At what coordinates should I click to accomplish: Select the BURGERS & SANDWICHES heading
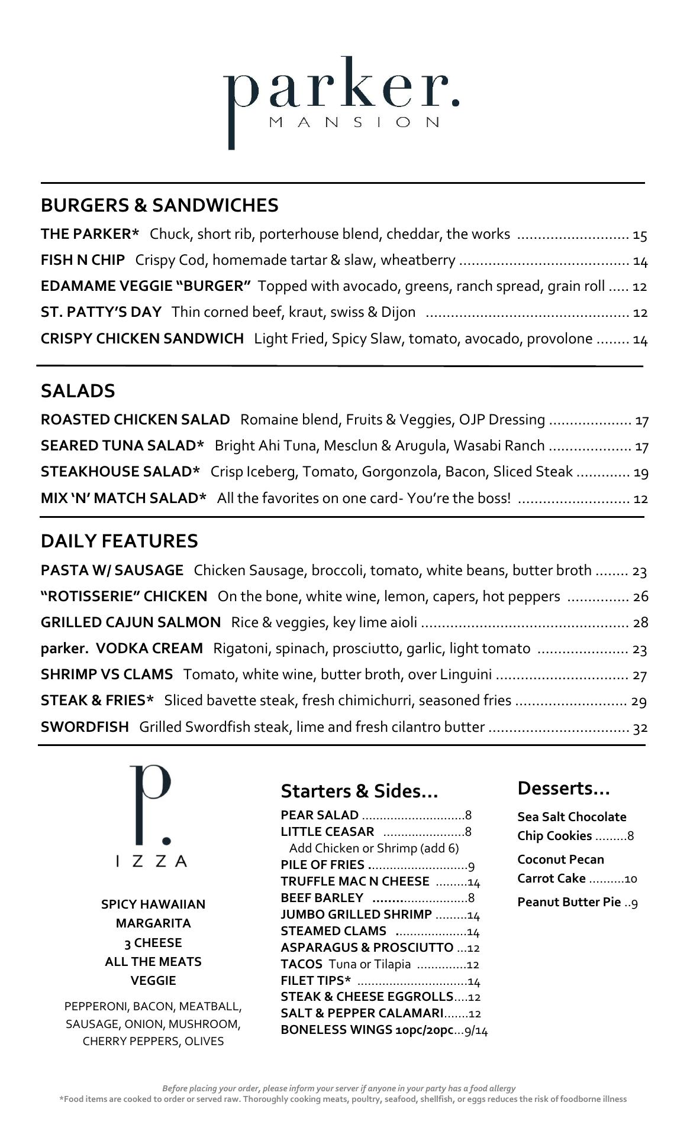click(159, 205)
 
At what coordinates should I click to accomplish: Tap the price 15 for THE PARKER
click(640, 235)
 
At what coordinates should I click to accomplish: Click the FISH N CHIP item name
click(83, 260)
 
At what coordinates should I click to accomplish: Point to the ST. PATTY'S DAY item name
click(101, 312)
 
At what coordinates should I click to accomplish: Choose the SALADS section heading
click(78, 391)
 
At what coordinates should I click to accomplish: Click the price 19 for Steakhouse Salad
click(641, 472)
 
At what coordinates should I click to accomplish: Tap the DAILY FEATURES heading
click(119, 541)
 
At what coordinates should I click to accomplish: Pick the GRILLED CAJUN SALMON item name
click(130, 622)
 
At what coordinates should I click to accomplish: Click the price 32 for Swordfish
click(640, 728)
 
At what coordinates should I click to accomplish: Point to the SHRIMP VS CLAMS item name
click(107, 674)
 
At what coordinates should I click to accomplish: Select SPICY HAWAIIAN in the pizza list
click(153, 904)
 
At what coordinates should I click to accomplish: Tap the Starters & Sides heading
click(359, 791)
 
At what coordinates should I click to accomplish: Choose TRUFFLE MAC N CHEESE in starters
click(354, 881)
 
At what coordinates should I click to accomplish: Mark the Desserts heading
click(563, 788)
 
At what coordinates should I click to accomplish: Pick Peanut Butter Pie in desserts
click(569, 902)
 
